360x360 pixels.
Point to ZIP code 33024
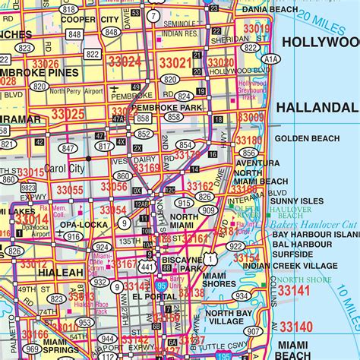125,62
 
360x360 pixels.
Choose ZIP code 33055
69,190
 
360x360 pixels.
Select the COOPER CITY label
90,19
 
